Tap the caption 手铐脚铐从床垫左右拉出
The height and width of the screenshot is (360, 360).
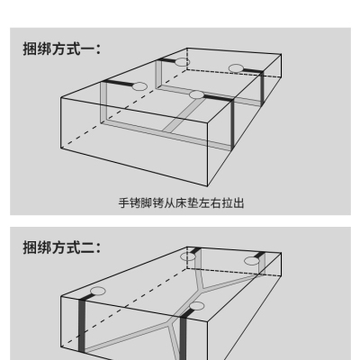pos(181,203)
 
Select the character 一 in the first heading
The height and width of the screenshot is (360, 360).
pos(87,49)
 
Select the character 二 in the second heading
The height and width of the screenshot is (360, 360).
pos(87,247)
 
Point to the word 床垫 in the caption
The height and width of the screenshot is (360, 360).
pos(186,203)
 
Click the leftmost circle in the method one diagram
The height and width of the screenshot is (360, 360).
pos(139,86)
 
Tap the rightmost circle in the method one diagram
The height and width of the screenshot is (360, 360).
pos(236,68)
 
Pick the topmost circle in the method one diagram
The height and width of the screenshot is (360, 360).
pos(182,62)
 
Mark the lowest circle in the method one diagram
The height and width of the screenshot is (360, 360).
pos(197,94)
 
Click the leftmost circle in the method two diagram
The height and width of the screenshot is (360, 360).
pos(98,291)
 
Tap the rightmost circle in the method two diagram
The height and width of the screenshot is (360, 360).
pos(252,261)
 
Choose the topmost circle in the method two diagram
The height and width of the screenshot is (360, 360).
pos(188,256)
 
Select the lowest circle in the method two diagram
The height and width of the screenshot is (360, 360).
pos(197,306)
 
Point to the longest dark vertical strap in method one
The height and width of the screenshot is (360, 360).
pos(232,125)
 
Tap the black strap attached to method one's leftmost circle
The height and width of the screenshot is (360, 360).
pos(118,84)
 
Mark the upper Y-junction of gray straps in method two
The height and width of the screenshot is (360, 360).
pos(202,290)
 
